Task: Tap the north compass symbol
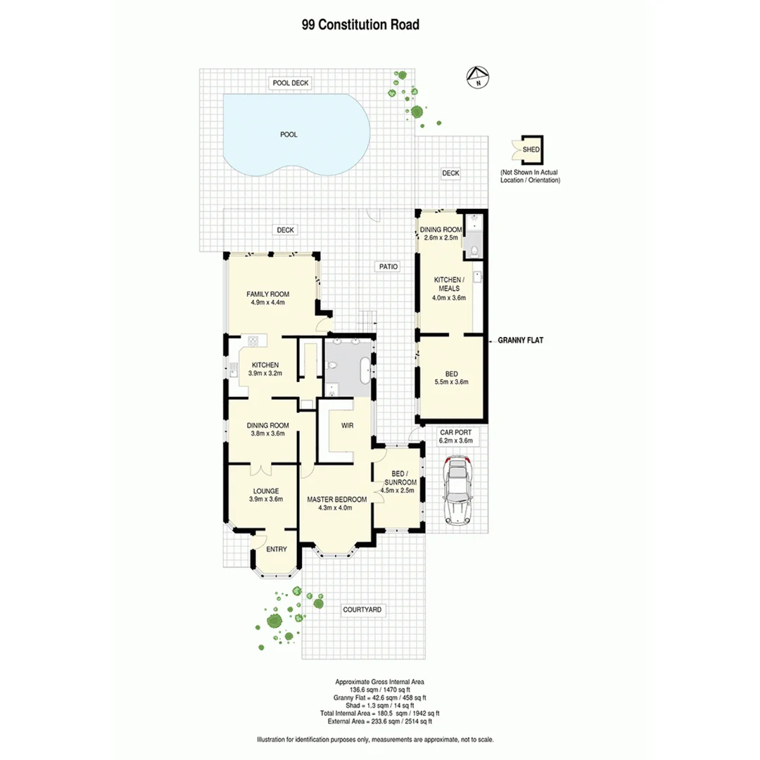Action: [x=479, y=77]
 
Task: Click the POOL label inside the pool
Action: [x=289, y=134]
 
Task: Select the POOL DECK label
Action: [x=291, y=83]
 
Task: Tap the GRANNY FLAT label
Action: [x=521, y=340]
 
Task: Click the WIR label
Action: [x=346, y=426]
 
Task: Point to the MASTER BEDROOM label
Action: [x=337, y=500]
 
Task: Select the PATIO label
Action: [x=388, y=267]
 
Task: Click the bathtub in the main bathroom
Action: [x=364, y=370]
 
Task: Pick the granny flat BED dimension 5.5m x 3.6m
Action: [x=451, y=383]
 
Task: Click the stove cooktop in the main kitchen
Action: [x=253, y=341]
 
